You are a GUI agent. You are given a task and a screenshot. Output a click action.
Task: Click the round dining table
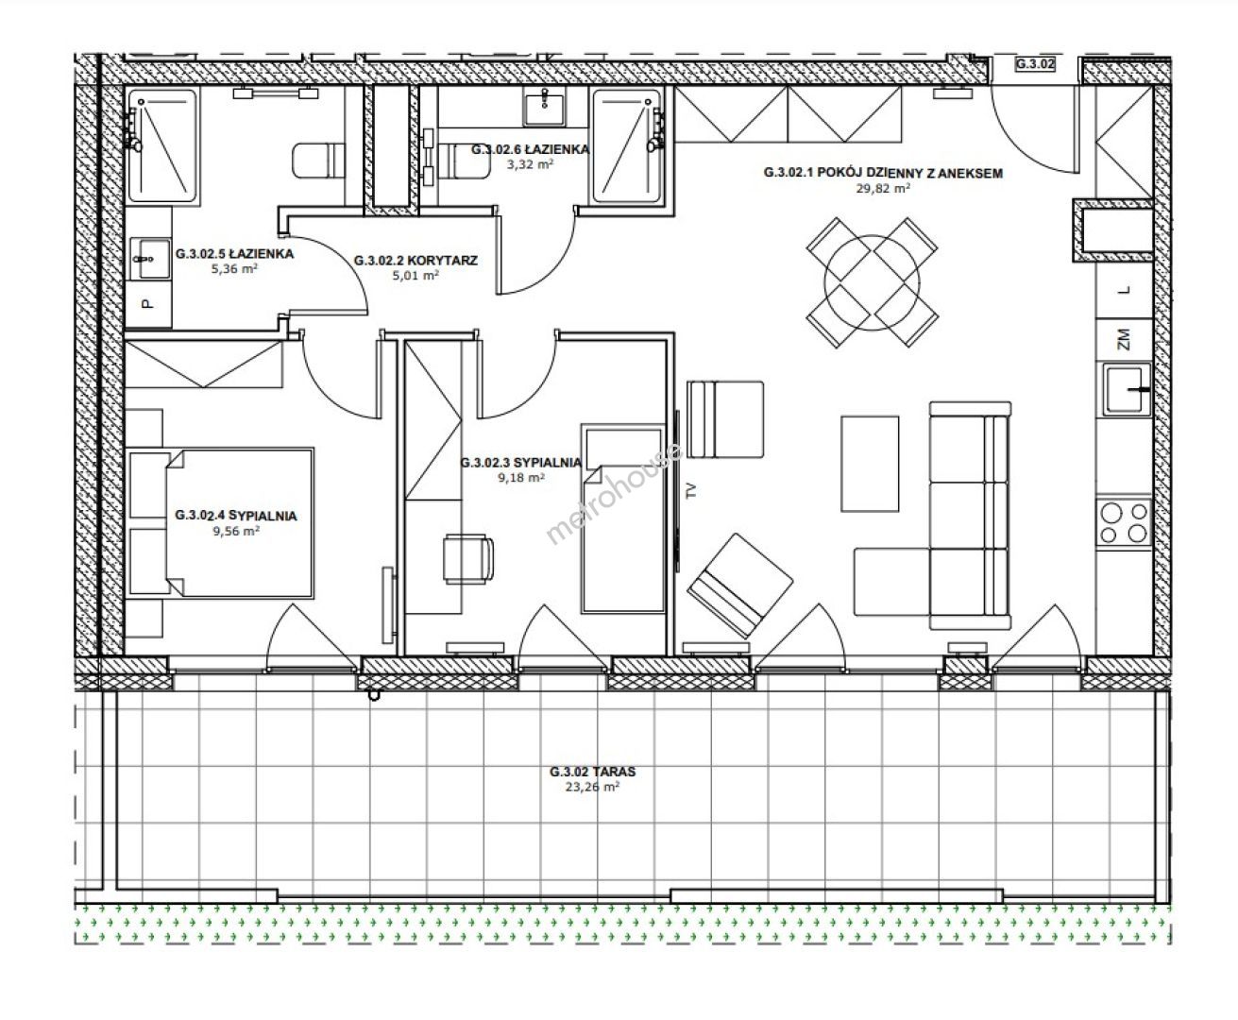coord(872,283)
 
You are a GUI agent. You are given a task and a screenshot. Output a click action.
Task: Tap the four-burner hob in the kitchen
coord(1124,522)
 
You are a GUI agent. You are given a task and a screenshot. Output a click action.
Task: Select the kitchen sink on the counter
coord(1127,390)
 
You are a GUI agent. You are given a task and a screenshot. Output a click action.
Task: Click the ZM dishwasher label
coord(1124,339)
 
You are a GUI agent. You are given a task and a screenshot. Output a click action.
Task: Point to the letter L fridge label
coord(1125,290)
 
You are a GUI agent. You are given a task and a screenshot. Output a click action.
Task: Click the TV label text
coord(689,490)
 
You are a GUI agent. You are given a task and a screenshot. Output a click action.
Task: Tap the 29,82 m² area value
coord(882,189)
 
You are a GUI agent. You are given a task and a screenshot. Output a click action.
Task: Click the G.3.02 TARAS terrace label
coord(592,772)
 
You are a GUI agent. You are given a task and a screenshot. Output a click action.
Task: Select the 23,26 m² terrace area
coord(592,787)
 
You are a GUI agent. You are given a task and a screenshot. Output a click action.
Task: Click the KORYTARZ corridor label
coord(442,261)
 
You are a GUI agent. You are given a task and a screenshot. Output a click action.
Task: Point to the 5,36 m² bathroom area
coord(234,269)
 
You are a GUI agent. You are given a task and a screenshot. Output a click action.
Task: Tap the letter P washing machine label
coord(147,303)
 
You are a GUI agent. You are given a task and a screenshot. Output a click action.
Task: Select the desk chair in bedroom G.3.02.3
coord(467,558)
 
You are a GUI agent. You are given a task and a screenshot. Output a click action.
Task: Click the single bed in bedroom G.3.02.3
coord(622,518)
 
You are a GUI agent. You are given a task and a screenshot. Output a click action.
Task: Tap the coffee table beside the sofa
coord(870,464)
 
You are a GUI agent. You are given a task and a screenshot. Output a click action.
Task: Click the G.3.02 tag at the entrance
coord(1035,64)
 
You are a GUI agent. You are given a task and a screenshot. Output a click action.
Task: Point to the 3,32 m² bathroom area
coord(530,164)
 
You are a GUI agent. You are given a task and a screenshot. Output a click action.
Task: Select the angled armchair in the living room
coord(740,586)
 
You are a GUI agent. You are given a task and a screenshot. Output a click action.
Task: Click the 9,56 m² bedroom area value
coord(236,532)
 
